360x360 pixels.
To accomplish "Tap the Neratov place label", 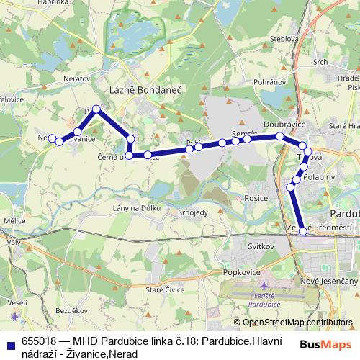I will tap(77, 74).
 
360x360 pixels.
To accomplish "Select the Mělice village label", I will tap(14, 220).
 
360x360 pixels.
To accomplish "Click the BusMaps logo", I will tap(330, 346).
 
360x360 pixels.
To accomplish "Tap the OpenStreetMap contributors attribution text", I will tap(297, 323).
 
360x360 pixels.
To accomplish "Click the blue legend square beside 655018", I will tap(12, 345).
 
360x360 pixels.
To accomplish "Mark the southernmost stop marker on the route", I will tap(303, 231).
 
